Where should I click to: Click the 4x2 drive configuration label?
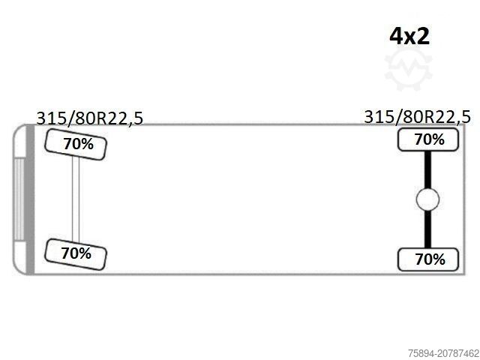pyautogui.click(x=409, y=36)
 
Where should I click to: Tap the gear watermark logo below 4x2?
pyautogui.click(x=408, y=69)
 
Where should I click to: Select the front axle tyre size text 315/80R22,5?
pyautogui.click(x=90, y=118)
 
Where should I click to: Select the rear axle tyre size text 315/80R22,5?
pyautogui.click(x=417, y=117)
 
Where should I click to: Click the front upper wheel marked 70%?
pyautogui.click(x=76, y=145)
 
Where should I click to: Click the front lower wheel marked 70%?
pyautogui.click(x=76, y=254)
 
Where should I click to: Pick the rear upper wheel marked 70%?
pyautogui.click(x=428, y=139)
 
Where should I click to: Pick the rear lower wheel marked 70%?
pyautogui.click(x=428, y=259)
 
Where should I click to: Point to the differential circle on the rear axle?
pyautogui.click(x=427, y=199)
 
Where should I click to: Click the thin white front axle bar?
pyautogui.click(x=76, y=199)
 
